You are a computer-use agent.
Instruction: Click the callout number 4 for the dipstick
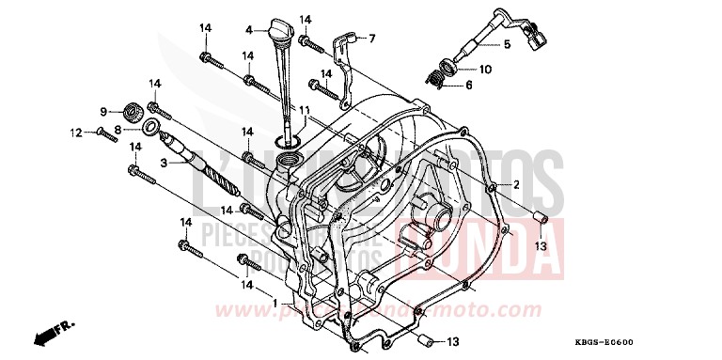click(x=250, y=29)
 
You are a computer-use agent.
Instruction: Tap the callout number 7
click(x=371, y=39)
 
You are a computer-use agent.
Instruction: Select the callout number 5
click(x=506, y=43)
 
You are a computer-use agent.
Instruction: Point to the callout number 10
click(x=485, y=70)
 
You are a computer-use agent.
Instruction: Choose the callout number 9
click(x=103, y=112)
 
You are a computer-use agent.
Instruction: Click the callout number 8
click(x=118, y=129)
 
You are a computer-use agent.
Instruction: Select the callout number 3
click(x=135, y=162)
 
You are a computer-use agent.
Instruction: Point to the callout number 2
click(x=516, y=186)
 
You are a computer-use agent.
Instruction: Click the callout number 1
click(x=274, y=303)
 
